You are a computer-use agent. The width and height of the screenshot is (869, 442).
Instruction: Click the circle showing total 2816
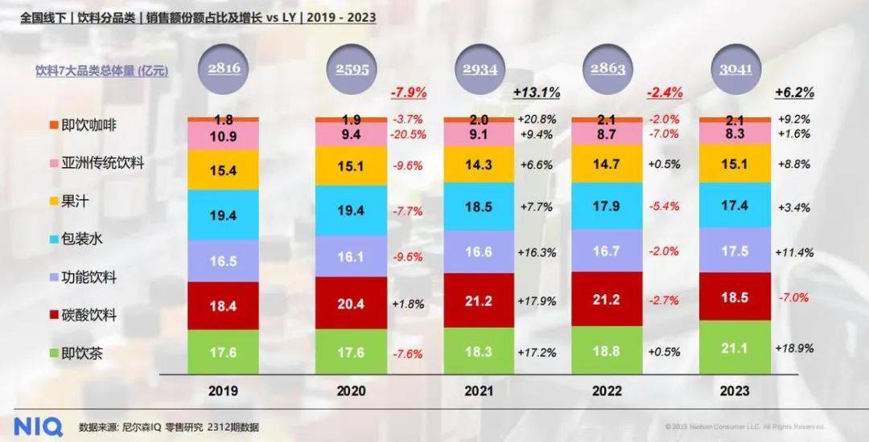224,69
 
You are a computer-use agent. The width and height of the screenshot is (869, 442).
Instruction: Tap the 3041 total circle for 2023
735,69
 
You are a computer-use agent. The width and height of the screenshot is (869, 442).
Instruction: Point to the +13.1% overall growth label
536,92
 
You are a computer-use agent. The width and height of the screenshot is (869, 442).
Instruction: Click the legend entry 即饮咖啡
83,125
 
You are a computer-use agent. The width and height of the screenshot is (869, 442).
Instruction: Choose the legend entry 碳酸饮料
83,314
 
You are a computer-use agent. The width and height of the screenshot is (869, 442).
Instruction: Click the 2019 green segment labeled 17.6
223,352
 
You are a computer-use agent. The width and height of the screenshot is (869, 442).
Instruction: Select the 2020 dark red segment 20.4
351,304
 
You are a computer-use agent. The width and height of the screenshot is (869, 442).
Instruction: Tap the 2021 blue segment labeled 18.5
479,207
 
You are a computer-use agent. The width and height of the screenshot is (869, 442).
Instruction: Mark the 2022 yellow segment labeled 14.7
607,164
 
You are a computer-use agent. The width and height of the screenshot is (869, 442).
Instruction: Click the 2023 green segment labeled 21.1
735,347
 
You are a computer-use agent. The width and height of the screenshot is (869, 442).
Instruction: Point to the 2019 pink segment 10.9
223,136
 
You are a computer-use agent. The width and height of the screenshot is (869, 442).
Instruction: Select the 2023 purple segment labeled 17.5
735,251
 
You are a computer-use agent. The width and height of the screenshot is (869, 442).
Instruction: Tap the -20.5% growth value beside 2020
410,134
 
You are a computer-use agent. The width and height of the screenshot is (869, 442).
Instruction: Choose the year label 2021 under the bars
479,391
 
